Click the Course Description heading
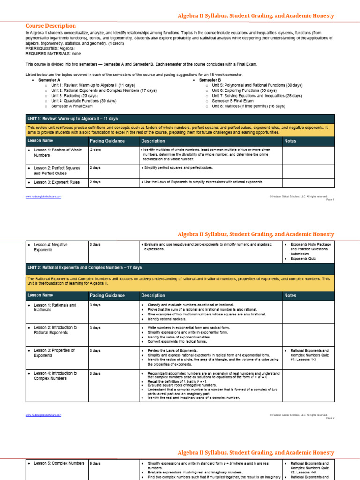tap(51, 26)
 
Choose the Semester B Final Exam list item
tap(232, 101)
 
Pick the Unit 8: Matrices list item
tap(248, 106)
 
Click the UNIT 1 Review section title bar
tap(180, 119)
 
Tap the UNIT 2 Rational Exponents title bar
tap(180, 267)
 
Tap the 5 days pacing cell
tap(95, 463)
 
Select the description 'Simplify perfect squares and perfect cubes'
tap(178, 167)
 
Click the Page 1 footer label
tap(330, 200)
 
